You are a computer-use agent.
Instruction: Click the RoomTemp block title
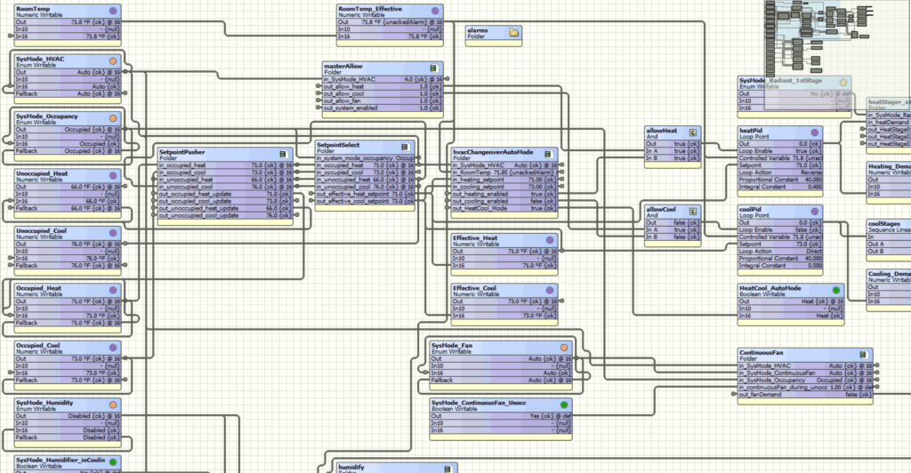(34, 8)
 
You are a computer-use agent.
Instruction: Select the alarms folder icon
(513, 32)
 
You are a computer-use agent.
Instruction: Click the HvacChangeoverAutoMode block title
(494, 152)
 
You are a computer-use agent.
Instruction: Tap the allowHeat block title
(662, 131)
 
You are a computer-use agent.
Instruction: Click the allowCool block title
(662, 209)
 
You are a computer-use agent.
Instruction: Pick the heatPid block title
(753, 131)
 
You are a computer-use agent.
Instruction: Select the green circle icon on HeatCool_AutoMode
(835, 289)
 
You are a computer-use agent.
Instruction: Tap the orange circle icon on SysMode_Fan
(563, 346)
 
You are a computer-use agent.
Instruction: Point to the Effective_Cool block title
(475, 288)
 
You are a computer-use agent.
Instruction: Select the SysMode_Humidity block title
(44, 404)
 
